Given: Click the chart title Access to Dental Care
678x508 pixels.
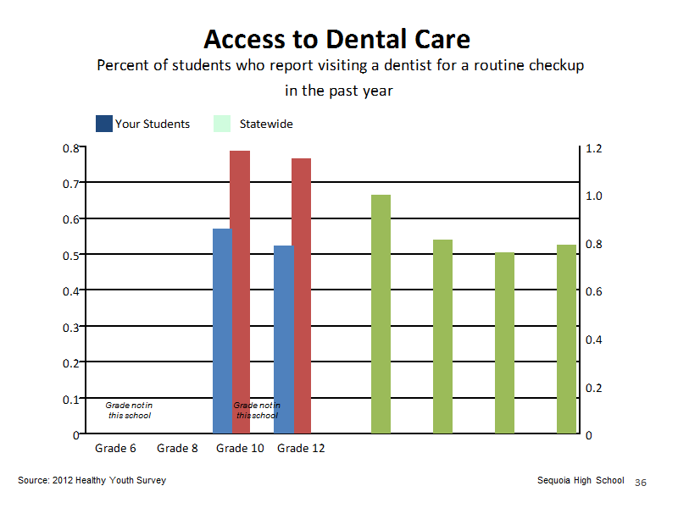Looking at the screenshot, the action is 336,39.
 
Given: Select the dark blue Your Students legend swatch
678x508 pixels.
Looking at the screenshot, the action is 103,124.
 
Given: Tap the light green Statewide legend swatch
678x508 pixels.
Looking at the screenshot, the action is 222,124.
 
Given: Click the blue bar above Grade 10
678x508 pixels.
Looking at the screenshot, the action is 222,331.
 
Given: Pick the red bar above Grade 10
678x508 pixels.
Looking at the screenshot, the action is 240,292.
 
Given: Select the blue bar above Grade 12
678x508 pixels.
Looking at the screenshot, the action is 284,340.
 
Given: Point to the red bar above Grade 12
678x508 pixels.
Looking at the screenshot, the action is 302,295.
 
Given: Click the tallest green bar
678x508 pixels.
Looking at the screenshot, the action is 381,314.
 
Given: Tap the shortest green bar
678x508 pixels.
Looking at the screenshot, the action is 504,343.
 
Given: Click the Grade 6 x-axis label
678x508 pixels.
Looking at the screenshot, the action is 115,449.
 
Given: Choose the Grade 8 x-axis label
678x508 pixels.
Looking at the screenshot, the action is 177,449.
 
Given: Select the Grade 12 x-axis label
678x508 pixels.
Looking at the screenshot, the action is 301,449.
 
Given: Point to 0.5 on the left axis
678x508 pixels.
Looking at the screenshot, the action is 71,256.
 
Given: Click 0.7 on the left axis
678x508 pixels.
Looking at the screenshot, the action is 71,184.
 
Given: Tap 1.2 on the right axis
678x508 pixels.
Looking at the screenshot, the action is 594,149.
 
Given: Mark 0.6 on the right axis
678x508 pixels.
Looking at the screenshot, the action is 594,292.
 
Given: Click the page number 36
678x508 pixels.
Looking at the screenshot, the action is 641,483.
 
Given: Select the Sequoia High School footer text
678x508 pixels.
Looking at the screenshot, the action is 581,480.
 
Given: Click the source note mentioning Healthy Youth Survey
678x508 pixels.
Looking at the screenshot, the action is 92,480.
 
